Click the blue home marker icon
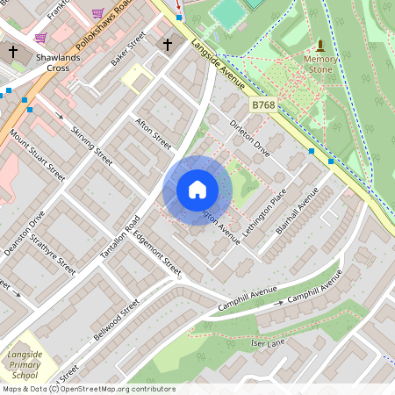197,190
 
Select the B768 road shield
264,104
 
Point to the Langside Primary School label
25,363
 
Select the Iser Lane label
268,343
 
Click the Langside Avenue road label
217,65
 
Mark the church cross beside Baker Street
167,44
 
